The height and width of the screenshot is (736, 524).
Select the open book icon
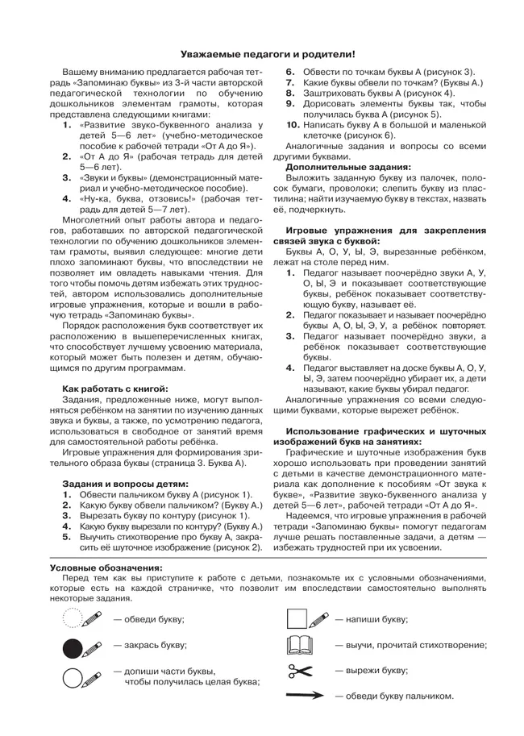coord(299,645)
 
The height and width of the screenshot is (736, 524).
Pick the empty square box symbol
coord(297,619)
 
